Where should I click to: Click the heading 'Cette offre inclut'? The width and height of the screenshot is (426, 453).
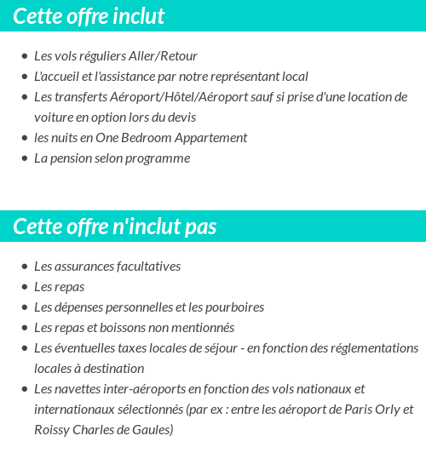point(89,16)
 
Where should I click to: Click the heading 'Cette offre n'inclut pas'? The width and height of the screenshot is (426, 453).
point(115,226)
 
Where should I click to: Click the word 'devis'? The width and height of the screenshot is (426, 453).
point(179,117)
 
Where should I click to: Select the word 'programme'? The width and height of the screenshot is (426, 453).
point(159,158)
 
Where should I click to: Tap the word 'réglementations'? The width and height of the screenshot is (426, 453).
point(373,347)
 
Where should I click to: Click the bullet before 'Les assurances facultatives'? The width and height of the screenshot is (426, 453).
point(25,267)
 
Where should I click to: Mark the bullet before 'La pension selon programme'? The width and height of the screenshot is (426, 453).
point(25,158)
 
